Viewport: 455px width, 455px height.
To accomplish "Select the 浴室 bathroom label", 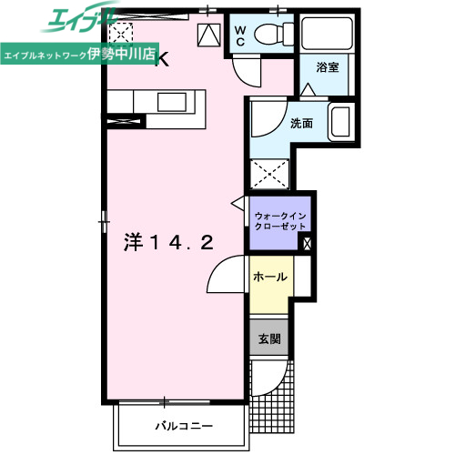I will pyautogui.click(x=327, y=67).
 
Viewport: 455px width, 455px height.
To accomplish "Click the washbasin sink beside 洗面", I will pyautogui.click(x=340, y=122).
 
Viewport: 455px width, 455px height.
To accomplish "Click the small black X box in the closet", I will pyautogui.click(x=307, y=243).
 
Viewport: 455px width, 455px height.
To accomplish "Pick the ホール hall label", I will pyautogui.click(x=270, y=277).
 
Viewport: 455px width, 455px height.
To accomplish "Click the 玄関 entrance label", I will pyautogui.click(x=269, y=339).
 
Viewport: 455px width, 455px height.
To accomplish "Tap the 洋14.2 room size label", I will pyautogui.click(x=169, y=243).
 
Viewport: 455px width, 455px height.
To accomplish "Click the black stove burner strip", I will pyautogui.click(x=125, y=119).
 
